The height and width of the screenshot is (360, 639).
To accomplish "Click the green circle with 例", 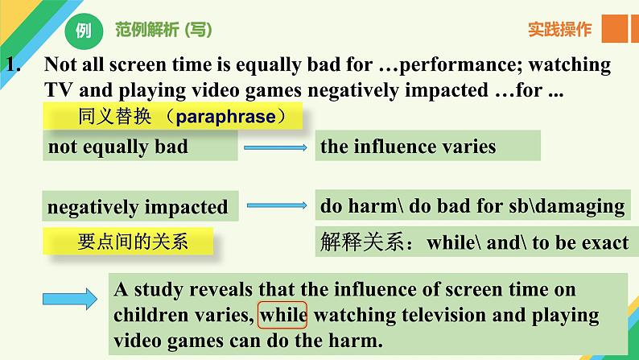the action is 83,31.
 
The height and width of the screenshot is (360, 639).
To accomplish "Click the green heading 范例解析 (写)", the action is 163,30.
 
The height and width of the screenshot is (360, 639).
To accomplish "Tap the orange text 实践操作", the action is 559,29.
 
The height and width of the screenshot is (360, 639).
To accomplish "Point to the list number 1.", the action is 13,64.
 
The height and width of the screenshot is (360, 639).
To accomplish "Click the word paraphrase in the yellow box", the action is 226,117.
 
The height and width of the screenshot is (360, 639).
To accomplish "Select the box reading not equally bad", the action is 140,146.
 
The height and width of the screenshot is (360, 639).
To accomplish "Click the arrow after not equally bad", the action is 275,147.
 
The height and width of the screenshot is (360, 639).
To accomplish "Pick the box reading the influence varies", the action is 428,146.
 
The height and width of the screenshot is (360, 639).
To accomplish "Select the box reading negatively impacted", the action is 140,206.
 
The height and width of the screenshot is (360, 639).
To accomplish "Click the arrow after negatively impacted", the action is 277,205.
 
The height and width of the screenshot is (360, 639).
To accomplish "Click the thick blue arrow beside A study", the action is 70,299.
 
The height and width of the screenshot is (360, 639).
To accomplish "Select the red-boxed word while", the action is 282,315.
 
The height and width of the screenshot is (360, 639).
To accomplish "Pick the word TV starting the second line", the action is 58,90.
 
